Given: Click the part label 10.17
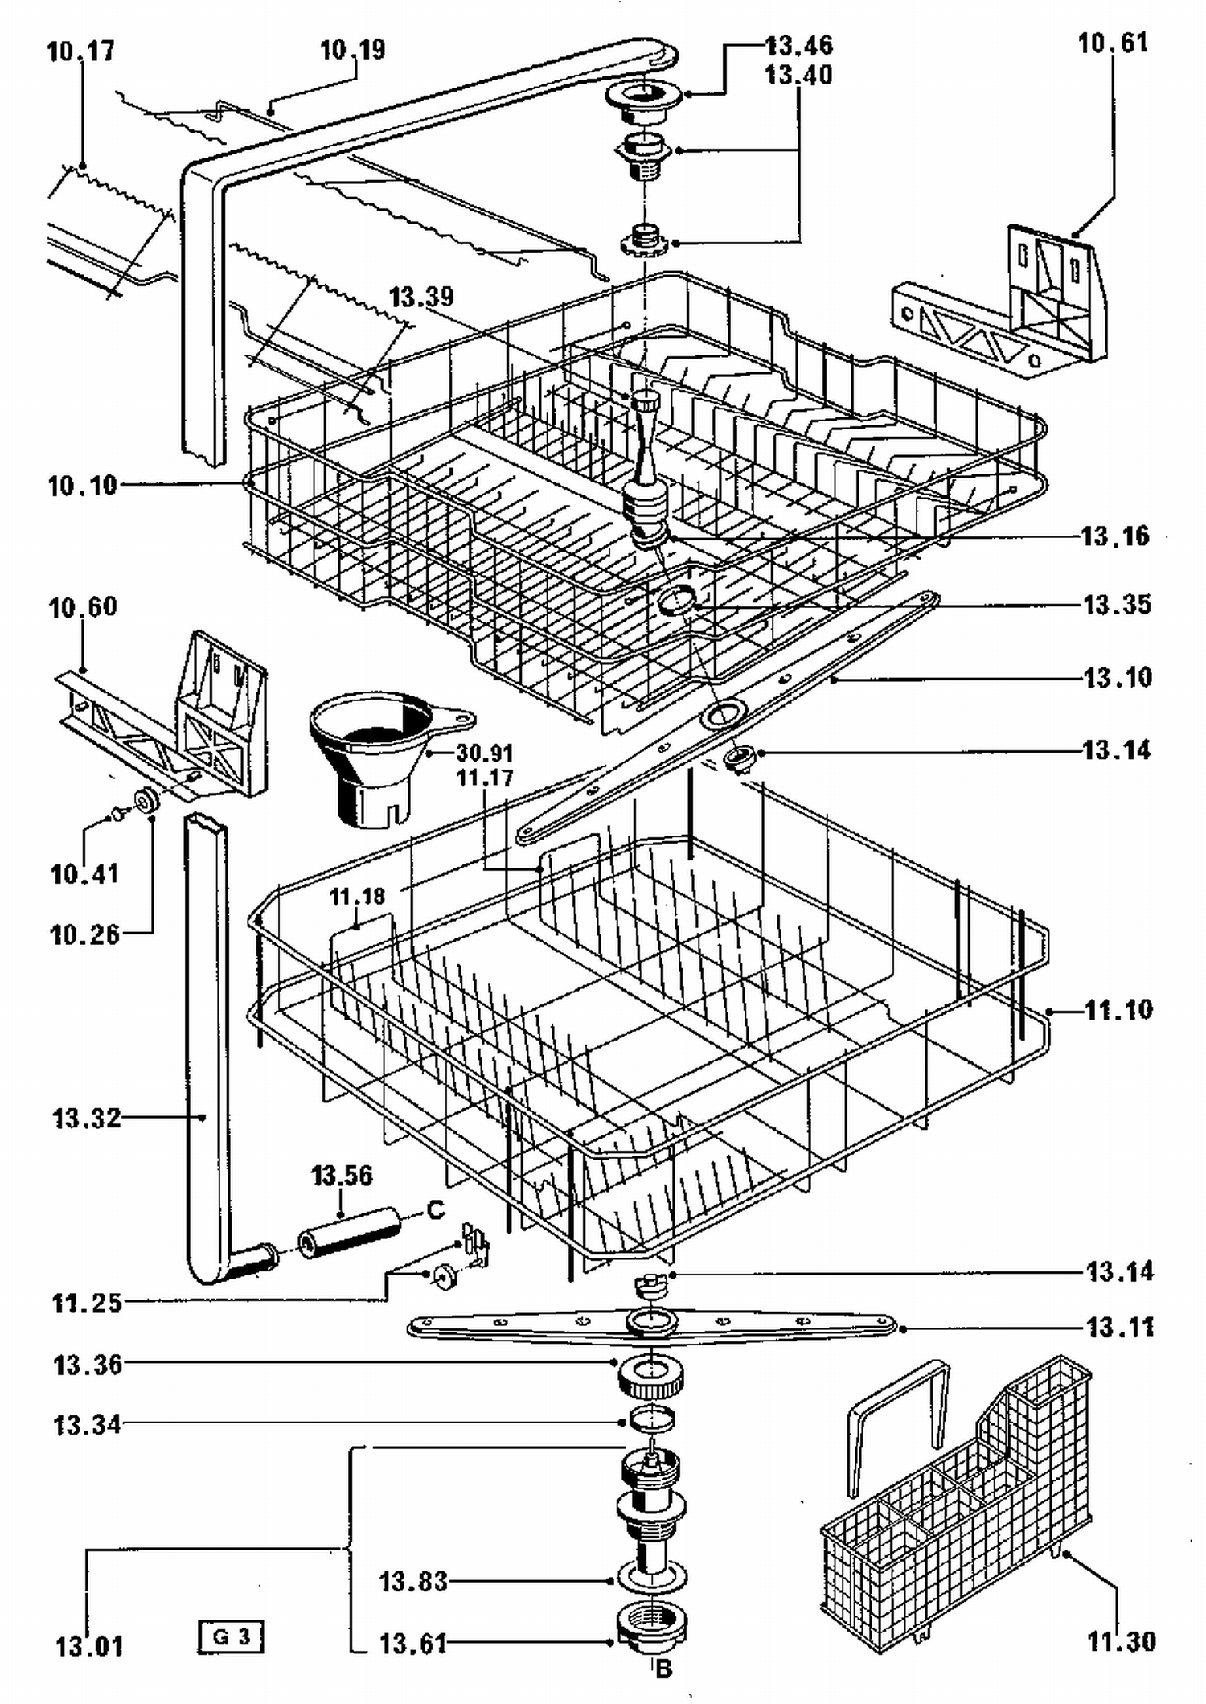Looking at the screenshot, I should click(80, 51).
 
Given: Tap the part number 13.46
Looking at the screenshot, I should click(798, 45).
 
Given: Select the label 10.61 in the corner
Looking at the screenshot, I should click(1113, 43).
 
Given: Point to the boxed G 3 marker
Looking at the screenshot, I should click(231, 1636).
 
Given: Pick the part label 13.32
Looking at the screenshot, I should click(86, 1118).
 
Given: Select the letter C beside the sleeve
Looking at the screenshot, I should click(435, 1209).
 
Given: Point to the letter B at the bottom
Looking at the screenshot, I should click(663, 1669).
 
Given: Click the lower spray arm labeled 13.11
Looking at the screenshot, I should click(651, 1324).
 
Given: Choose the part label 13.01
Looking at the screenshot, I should click(89, 1645).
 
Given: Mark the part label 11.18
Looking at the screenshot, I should click(357, 896).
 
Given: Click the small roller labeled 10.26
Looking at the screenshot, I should click(147, 801).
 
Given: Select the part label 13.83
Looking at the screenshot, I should click(412, 1581).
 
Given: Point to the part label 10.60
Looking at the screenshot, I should click(82, 607).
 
